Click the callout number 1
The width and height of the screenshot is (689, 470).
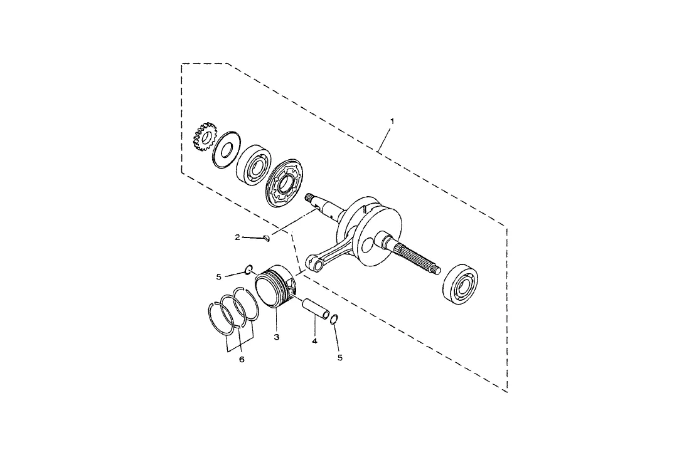coord(392,119)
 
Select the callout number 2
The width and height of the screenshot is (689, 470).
coord(238,237)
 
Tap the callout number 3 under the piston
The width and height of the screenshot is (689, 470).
coord(276,337)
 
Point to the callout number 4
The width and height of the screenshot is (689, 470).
coord(314,342)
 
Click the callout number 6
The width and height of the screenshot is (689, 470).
coord(242,360)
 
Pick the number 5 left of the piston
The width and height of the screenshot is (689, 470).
coord(218,276)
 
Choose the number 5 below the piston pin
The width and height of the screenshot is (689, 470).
coord(340,358)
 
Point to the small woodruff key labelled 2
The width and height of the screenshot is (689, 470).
coord(266,238)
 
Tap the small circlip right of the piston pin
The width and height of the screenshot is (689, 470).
coord(334,320)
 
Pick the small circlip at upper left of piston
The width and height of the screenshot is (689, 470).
coord(249,270)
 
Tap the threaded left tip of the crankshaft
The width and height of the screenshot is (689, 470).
coord(309,198)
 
